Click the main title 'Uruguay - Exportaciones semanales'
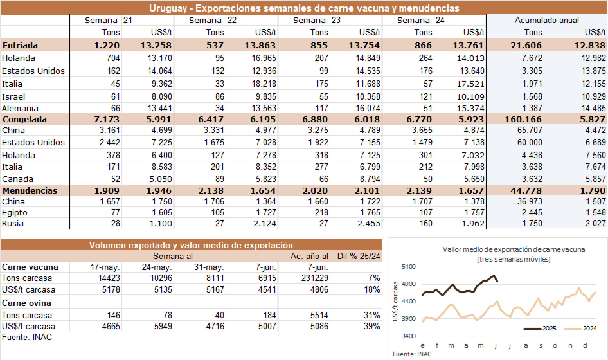[x=304, y=8]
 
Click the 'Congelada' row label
[x=25, y=119]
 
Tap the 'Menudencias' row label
[x=30, y=191]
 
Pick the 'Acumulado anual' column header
[x=546, y=21]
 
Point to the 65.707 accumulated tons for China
[x=528, y=131]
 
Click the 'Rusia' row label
[x=14, y=223]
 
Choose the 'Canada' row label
[x=18, y=179]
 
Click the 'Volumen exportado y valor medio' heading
[x=191, y=245]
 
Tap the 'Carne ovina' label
[x=26, y=303]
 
